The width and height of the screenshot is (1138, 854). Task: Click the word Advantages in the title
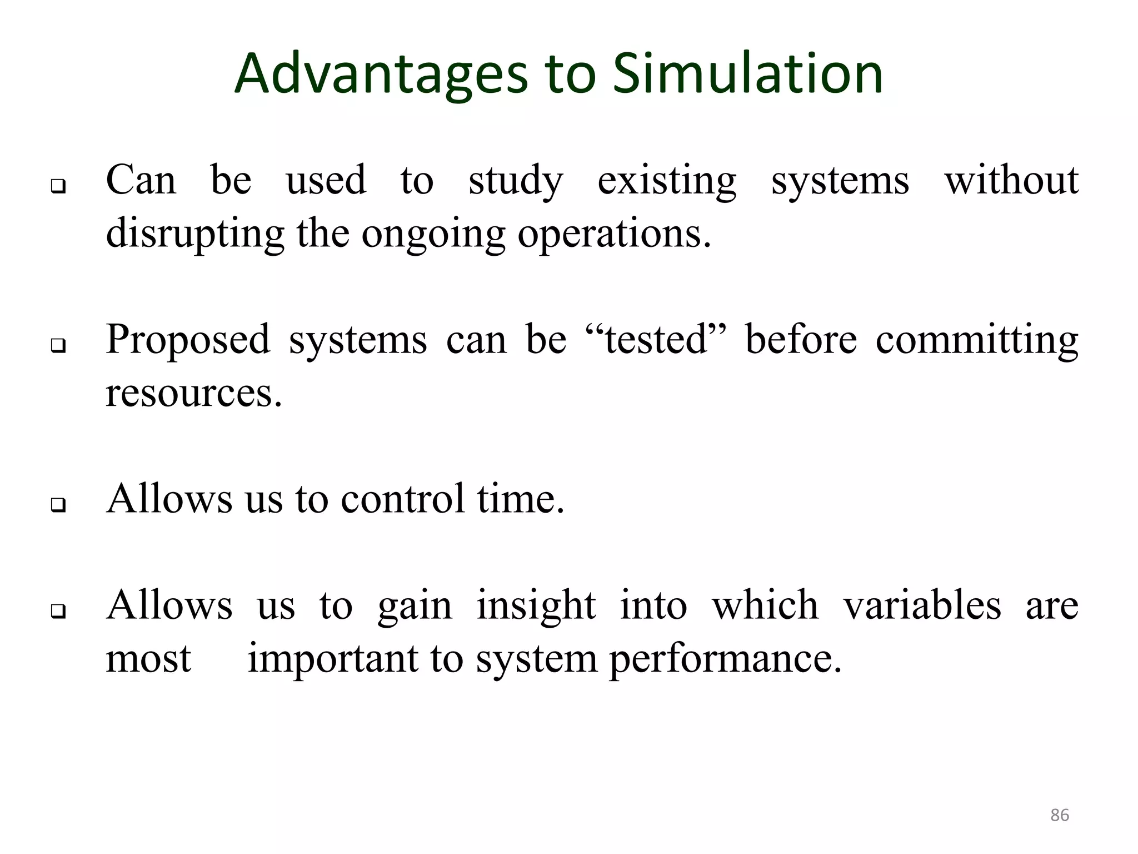[381, 74]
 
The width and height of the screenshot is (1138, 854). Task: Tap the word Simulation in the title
[747, 74]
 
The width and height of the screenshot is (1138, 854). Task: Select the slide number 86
[1060, 815]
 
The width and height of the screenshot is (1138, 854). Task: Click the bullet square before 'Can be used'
[58, 186]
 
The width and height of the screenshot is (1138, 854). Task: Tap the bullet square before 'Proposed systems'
[58, 346]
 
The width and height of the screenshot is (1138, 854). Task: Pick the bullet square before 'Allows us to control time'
[58, 505]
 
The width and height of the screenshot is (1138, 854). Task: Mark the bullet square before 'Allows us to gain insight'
[58, 612]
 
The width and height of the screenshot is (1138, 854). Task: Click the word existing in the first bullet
[667, 181]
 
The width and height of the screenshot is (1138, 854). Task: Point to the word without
[1011, 180]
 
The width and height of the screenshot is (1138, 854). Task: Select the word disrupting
[195, 234]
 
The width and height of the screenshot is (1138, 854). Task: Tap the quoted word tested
[656, 339]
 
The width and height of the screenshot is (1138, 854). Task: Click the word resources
[194, 393]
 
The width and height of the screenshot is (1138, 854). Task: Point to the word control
[402, 498]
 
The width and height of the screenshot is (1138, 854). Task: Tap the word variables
[922, 605]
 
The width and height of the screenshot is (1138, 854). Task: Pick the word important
[333, 659]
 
